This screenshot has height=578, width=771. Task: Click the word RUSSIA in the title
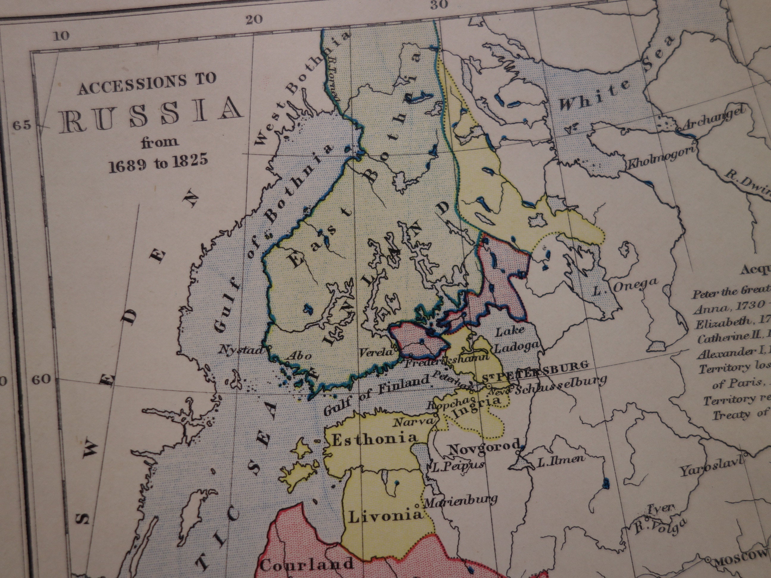click(150, 117)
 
